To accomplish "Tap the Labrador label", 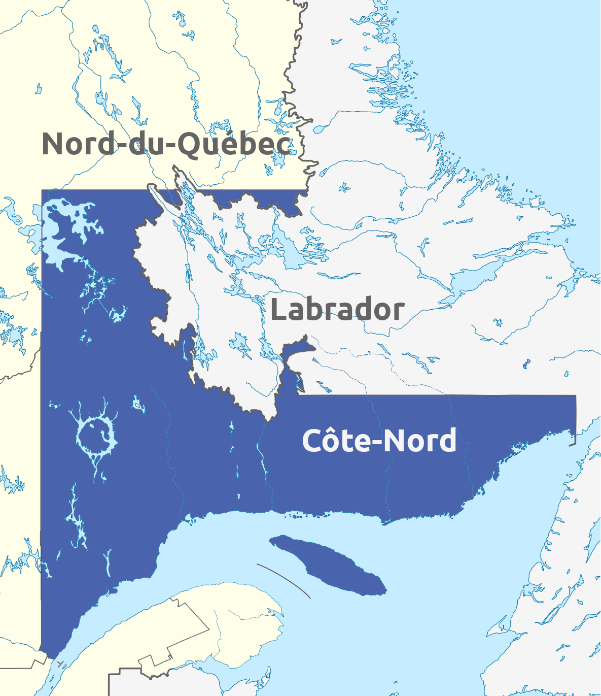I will click(337, 310).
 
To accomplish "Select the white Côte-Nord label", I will click(379, 440).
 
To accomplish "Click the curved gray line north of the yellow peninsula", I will click(284, 579).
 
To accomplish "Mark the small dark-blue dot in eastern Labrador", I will click(526, 363).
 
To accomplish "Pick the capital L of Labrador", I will click(278, 310).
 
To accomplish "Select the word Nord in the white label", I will click(418, 440).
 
